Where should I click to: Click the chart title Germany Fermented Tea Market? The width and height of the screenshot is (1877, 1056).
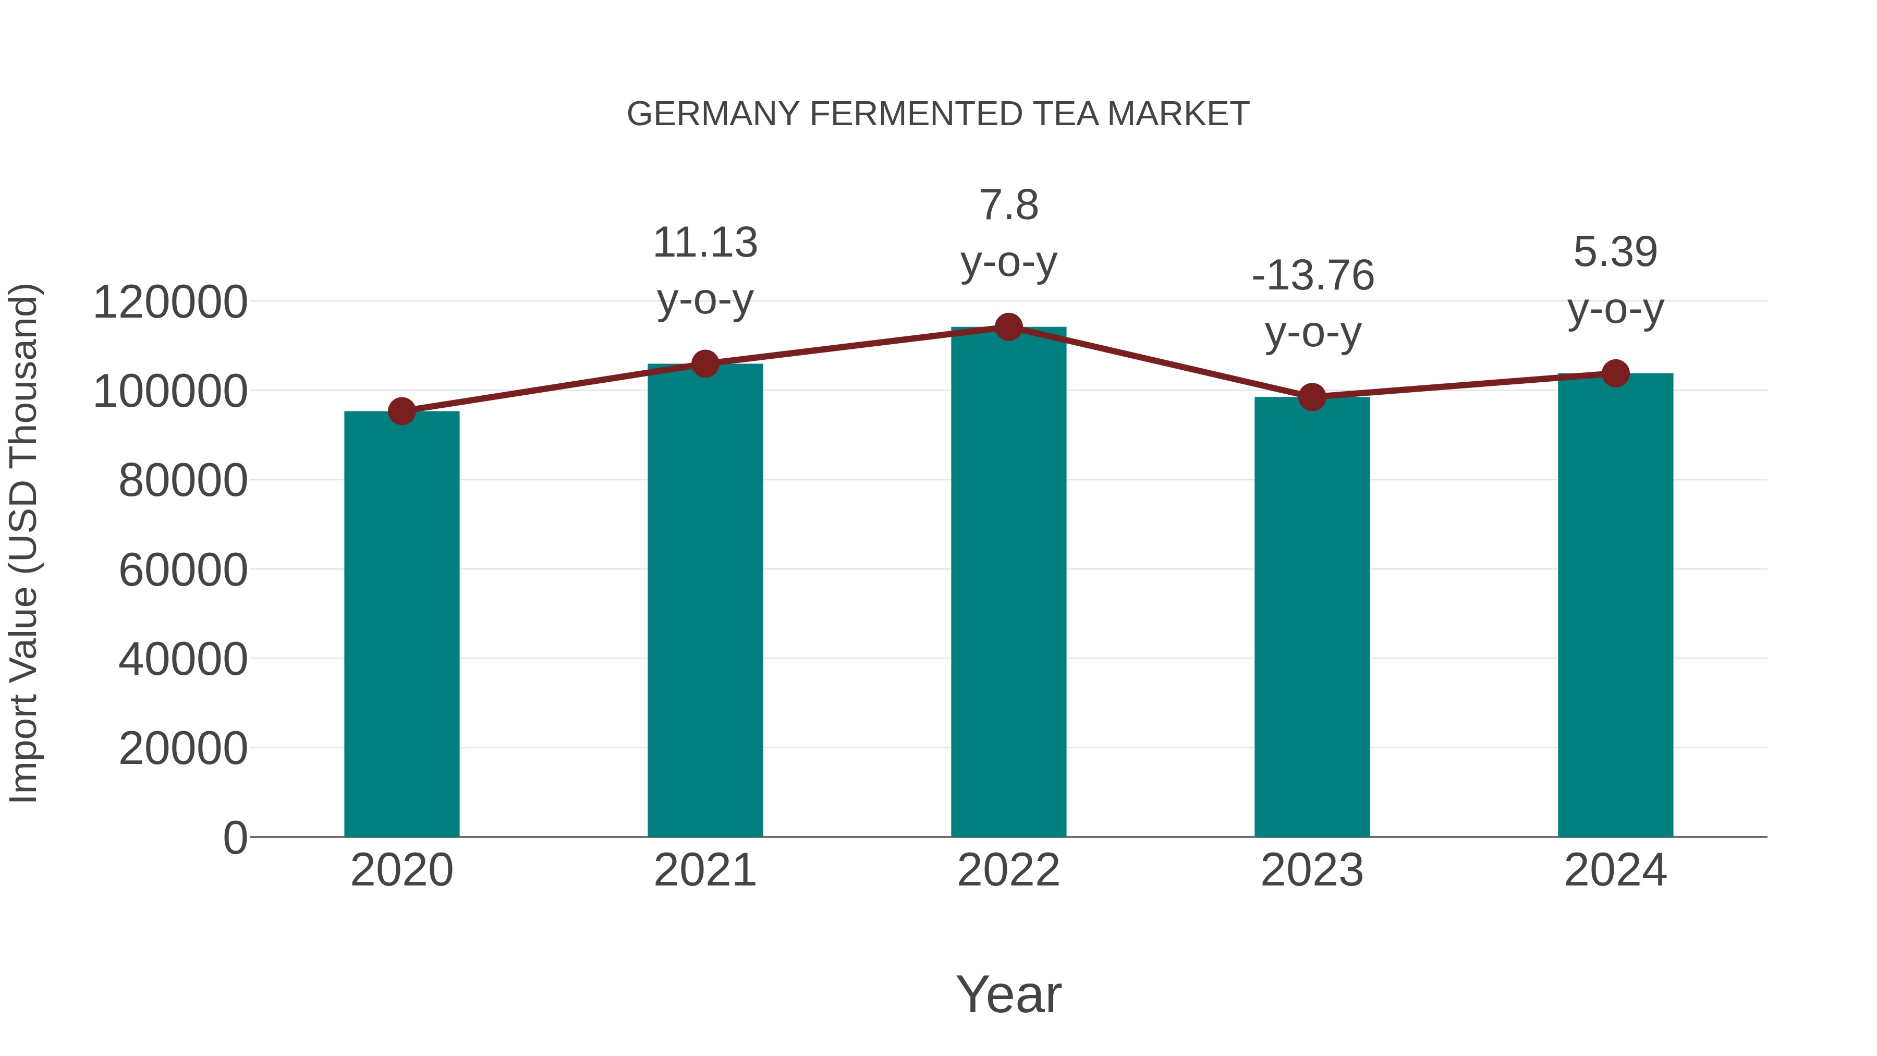[938, 114]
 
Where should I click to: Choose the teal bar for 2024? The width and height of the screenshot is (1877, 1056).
[1615, 605]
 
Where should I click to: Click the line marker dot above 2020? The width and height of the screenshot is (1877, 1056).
[401, 412]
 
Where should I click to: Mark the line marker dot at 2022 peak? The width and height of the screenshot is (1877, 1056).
[1008, 327]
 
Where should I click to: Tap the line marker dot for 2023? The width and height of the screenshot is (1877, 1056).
[1312, 397]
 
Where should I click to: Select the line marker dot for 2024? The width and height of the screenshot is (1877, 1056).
[1615, 373]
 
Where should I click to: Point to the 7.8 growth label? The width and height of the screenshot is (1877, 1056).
[1008, 205]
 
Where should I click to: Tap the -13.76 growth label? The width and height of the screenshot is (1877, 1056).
[1312, 275]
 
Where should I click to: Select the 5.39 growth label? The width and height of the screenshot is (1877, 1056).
[1615, 252]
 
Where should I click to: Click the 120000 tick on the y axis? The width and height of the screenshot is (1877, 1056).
[170, 302]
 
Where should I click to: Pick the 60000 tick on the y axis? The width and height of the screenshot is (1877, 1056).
[183, 570]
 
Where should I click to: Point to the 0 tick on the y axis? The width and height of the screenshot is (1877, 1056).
[235, 837]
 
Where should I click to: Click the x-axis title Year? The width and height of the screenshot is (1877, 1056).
[1008, 994]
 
